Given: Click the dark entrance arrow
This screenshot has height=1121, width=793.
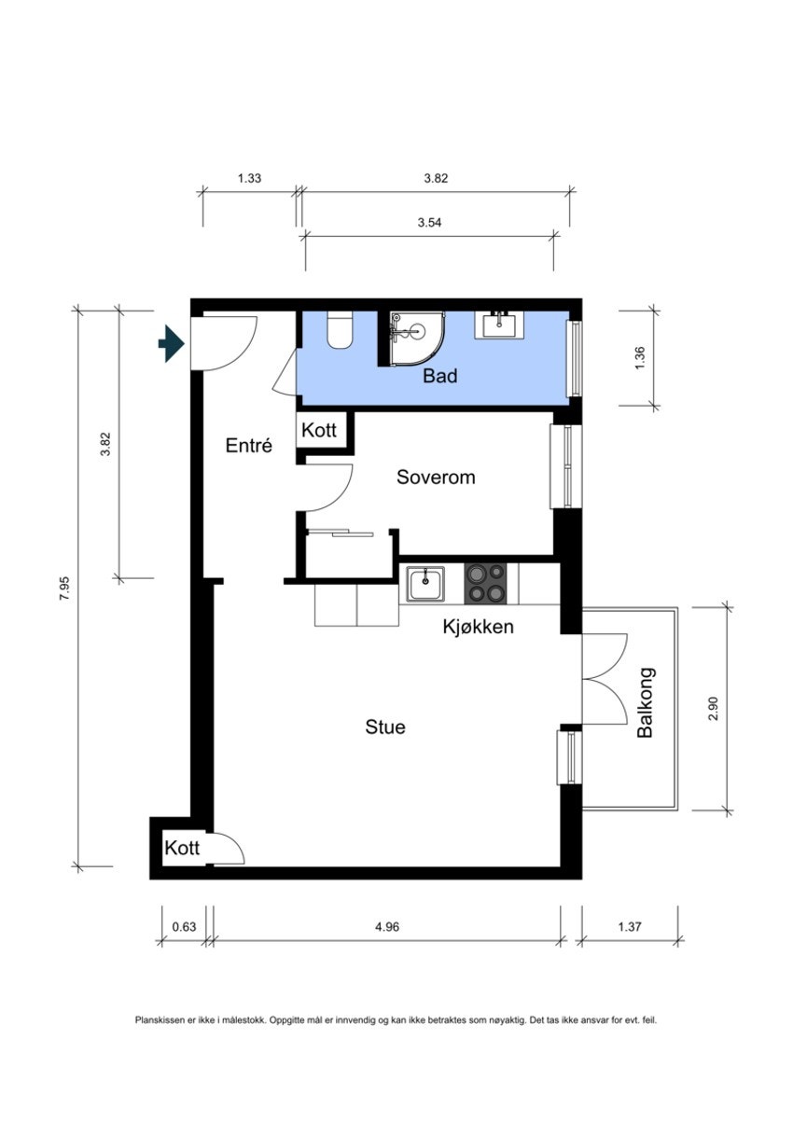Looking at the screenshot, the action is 172,343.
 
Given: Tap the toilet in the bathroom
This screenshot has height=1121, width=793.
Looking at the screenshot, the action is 340,329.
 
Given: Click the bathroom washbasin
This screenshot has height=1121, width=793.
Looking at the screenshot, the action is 499,325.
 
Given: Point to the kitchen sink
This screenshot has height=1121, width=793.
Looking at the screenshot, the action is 425,584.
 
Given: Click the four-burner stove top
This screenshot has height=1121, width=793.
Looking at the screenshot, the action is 485,584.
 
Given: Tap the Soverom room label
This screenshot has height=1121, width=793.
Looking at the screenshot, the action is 436,477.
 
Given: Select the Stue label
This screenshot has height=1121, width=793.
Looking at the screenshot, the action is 385,727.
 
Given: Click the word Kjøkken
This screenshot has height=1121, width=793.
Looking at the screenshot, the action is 478,627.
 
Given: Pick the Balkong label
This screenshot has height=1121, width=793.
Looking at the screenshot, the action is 646,702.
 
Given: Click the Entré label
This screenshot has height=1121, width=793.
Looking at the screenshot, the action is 248,445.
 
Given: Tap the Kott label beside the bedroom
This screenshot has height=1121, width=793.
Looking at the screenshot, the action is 319,430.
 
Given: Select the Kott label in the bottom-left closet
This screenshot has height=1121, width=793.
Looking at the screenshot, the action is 182,848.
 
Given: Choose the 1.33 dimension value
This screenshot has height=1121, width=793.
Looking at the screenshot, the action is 249,177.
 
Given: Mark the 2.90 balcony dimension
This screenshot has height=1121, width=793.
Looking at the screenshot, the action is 714,708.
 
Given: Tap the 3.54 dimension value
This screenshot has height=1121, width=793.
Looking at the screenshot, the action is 429,222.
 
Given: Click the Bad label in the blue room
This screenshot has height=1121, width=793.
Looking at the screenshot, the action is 440,376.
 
